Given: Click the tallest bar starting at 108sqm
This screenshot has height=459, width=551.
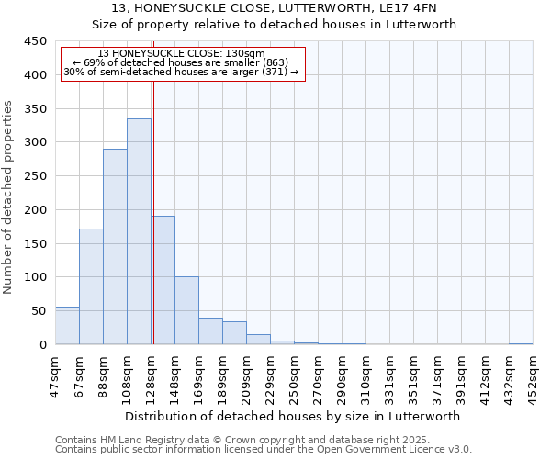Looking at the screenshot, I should click(139, 231).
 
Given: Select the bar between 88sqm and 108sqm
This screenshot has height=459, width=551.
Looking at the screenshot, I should click(115, 246).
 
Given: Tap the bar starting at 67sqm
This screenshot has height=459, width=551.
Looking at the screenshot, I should click(91, 286).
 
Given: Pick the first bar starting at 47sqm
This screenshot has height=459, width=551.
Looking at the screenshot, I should click(67, 326).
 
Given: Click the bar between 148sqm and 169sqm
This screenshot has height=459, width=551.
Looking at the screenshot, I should click(186, 310).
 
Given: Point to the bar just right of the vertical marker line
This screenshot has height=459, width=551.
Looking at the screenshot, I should click(163, 280).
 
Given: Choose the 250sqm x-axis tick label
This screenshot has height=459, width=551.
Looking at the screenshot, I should click(295, 373).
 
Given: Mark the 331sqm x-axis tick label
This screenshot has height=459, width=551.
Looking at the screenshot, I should click(390, 373).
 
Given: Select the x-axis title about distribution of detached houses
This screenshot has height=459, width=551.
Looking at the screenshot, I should click(294, 416).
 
